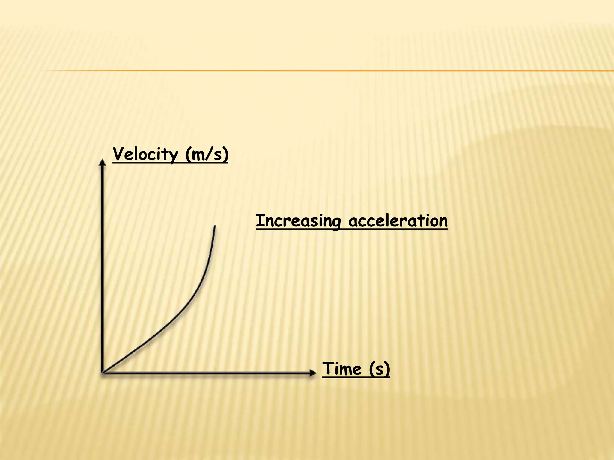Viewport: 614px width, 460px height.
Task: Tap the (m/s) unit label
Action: tap(207, 155)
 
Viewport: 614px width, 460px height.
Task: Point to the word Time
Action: tap(342, 369)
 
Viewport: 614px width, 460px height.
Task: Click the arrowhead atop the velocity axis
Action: tap(103, 162)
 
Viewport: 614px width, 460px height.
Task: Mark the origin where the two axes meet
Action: tap(103, 373)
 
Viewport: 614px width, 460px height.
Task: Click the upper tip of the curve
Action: tap(215, 226)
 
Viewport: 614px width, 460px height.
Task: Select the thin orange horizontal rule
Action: tap(330, 71)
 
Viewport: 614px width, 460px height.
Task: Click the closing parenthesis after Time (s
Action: tap(387, 369)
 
